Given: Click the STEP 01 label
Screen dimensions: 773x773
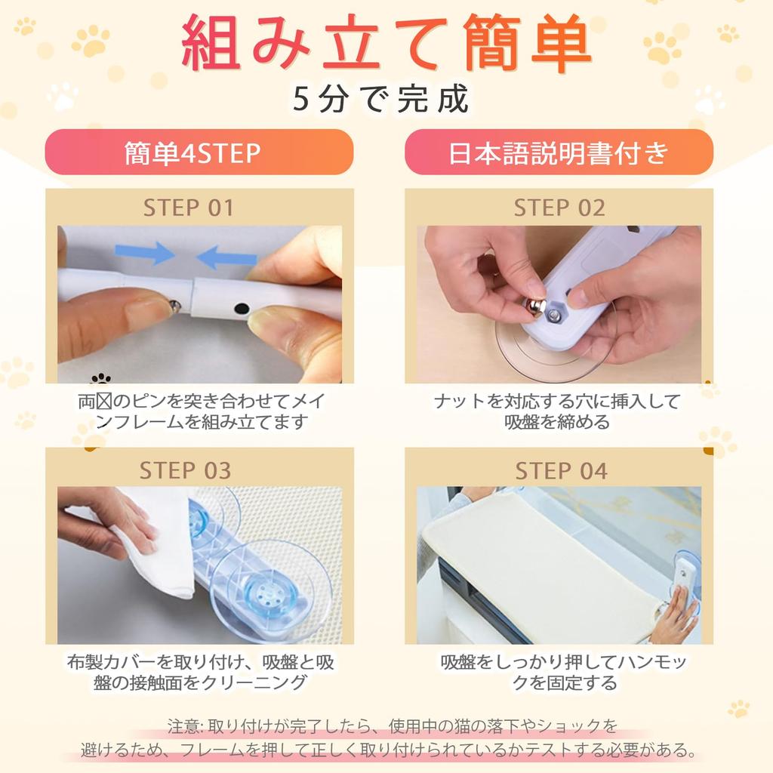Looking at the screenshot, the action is point(188,208).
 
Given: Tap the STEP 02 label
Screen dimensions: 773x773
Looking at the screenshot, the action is point(559,208).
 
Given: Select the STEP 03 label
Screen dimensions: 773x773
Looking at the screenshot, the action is point(185,470).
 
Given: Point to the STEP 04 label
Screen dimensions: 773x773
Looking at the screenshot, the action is point(561,470).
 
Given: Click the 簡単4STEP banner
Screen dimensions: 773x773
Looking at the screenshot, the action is point(199,152).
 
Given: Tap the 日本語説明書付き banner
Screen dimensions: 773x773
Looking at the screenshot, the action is point(559,152).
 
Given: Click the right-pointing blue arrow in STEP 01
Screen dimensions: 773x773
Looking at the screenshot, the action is point(144,253).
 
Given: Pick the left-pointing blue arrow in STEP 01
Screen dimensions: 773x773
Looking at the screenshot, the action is point(226,257).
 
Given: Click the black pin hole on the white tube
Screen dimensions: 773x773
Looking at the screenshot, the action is point(241,309).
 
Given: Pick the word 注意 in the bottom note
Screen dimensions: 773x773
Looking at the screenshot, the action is point(183,726).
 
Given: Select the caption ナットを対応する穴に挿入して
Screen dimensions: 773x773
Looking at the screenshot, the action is point(558,402).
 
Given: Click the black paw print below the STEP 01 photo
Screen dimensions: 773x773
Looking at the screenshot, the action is point(100,379).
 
